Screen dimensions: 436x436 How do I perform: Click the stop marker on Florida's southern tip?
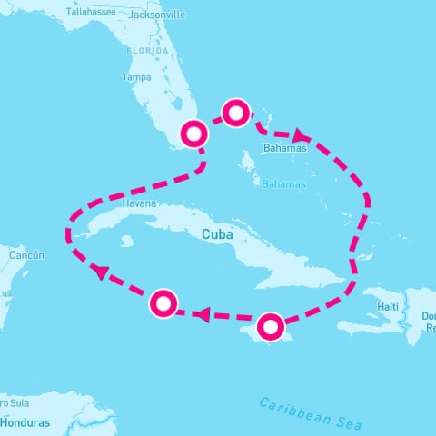coord(194,134)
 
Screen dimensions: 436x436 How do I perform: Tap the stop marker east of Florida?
coord(235,114)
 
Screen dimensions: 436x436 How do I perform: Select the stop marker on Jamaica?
coord(272,326)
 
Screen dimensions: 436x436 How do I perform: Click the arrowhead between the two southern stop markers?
coord(203,315)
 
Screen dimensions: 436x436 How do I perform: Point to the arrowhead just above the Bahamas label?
coord(297,134)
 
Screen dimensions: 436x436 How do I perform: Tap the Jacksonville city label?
coord(156,15)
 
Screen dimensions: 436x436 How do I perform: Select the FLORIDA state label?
coord(148,52)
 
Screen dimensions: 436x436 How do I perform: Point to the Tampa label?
coord(136,77)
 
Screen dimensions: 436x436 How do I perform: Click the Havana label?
coord(138,204)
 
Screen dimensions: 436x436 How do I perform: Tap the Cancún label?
coord(26,256)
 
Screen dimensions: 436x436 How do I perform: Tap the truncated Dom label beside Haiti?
coord(426,316)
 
